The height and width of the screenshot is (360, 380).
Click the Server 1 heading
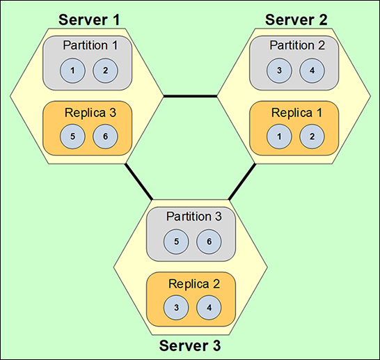[x=89, y=19]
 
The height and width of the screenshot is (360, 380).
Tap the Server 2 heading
[x=296, y=19]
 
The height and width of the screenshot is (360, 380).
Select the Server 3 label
[x=190, y=345]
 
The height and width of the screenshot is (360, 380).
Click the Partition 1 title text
[x=90, y=45]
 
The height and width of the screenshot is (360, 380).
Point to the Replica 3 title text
[x=90, y=113]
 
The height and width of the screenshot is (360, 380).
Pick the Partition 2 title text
[x=297, y=45]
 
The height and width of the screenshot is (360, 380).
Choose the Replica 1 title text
[x=296, y=113]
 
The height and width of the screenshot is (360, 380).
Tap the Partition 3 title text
[x=194, y=217]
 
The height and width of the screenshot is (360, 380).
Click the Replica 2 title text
[x=194, y=284]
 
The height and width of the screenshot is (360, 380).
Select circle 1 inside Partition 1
[x=72, y=70]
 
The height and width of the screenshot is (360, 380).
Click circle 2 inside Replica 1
[x=312, y=136]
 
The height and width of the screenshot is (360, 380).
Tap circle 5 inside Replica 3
[x=72, y=136]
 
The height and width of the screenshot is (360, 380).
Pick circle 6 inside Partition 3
[x=209, y=242]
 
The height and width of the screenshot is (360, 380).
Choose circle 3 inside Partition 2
[x=279, y=70]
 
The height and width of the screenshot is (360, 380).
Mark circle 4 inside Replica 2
[x=209, y=308]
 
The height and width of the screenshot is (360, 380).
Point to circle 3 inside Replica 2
[x=176, y=308]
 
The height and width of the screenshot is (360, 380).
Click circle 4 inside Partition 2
[x=312, y=70]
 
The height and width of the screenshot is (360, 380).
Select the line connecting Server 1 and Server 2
[x=190, y=97]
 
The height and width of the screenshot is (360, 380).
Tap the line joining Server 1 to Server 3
[x=138, y=182]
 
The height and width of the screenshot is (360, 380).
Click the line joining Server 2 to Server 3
[x=242, y=182]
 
